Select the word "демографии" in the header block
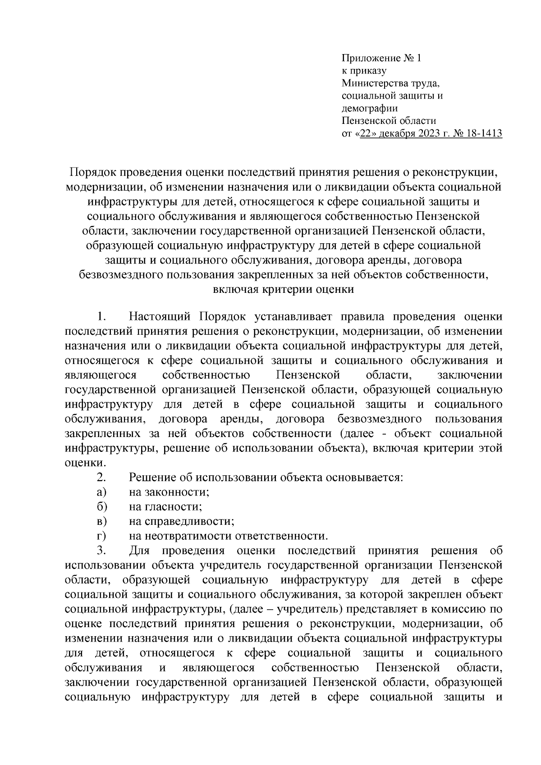[370, 108]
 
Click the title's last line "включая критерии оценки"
[283, 290]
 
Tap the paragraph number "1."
[101, 317]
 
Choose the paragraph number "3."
[101, 551]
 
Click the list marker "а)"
[101, 492]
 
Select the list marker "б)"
[101, 507]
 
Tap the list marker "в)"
[101, 521]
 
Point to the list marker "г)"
[101, 536]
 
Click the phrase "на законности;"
[169, 492]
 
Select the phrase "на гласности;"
[165, 507]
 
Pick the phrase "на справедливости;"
[181, 521]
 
